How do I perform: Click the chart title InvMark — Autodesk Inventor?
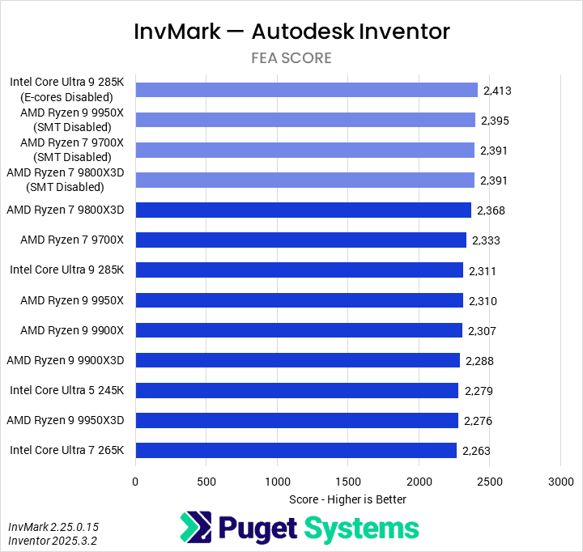[291, 32]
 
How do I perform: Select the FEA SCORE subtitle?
[291, 58]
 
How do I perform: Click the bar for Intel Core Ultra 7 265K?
[296, 450]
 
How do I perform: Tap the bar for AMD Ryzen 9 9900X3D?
[298, 360]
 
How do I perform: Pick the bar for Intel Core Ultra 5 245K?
[297, 390]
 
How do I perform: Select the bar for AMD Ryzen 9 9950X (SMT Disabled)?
[305, 120]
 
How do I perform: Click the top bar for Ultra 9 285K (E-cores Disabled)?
[307, 90]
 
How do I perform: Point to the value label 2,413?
[497, 91]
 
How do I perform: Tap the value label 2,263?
[476, 451]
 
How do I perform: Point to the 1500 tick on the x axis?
[348, 482]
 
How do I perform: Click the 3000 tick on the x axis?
[560, 482]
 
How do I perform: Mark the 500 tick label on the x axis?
[206, 482]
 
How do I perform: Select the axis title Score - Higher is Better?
[347, 499]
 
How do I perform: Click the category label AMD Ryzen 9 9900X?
[72, 330]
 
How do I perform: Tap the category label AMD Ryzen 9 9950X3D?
[66, 420]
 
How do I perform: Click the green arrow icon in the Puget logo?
[195, 529]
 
